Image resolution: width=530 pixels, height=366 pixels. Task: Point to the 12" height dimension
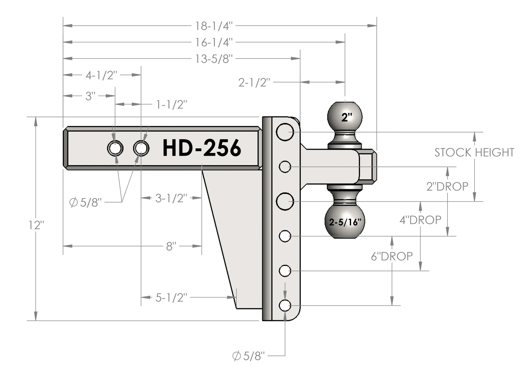pyautogui.click(x=36, y=225)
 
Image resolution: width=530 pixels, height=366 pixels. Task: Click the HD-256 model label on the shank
pyautogui.click(x=202, y=148)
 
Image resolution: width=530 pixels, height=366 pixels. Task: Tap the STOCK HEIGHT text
pyautogui.click(x=474, y=152)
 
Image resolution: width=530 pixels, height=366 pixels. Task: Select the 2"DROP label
pyautogui.click(x=447, y=187)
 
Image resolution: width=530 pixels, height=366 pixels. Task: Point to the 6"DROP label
pyautogui.click(x=392, y=256)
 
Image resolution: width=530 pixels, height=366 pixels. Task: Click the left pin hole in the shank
pyautogui.click(x=115, y=148)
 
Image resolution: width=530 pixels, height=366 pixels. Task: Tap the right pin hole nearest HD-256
pyautogui.click(x=141, y=148)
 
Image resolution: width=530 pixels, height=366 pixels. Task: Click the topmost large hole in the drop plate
pyautogui.click(x=285, y=132)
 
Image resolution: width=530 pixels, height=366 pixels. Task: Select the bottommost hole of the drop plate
pyautogui.click(x=285, y=306)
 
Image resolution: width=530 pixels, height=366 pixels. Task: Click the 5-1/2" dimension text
pyautogui.click(x=171, y=298)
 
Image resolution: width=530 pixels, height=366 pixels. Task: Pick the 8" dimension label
pyautogui.click(x=171, y=246)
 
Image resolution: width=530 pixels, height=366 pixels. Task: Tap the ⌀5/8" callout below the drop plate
pyautogui.click(x=248, y=356)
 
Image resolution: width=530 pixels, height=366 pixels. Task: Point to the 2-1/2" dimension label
pyautogui.click(x=254, y=82)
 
